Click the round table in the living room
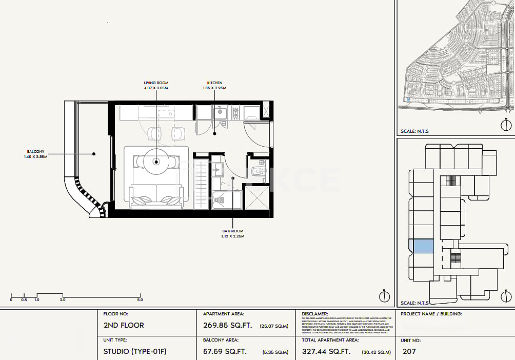(x=156, y=162)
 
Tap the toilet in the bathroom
(x=258, y=170)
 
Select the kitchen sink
(x=221, y=111)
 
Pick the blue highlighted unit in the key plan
(x=423, y=246)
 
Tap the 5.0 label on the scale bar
(x=140, y=299)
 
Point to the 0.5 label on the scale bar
(x=24, y=299)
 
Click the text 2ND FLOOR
(x=124, y=325)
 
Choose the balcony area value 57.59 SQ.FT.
(x=225, y=352)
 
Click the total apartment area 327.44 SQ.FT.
(x=326, y=352)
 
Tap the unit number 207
(x=409, y=352)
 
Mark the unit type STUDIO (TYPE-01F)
(x=135, y=352)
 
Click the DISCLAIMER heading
(x=315, y=313)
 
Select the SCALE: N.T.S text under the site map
(x=414, y=131)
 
